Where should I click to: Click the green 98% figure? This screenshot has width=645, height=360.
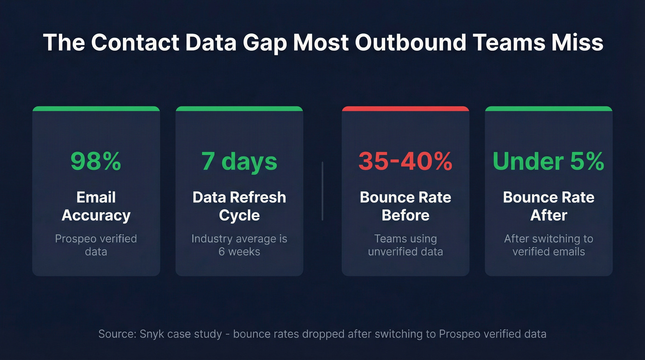(x=96, y=161)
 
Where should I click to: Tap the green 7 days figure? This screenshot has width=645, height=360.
(x=239, y=161)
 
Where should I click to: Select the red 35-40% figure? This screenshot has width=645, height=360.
(x=405, y=161)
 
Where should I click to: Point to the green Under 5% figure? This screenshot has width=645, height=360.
(x=548, y=161)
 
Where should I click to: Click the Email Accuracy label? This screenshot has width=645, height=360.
(x=96, y=206)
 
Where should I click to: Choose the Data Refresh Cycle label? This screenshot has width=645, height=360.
(x=239, y=206)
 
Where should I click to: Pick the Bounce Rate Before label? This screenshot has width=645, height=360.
(x=405, y=206)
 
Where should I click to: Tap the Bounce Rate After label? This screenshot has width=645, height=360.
(x=548, y=206)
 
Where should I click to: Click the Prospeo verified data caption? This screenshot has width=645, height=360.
(x=96, y=245)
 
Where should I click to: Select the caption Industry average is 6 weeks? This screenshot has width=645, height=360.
(x=239, y=245)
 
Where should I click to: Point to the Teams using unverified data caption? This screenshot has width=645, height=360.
(x=405, y=245)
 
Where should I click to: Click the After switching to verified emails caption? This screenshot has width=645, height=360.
(x=548, y=245)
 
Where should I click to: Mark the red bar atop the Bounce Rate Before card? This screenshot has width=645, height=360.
(x=405, y=109)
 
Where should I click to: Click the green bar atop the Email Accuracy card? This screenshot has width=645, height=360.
(x=96, y=109)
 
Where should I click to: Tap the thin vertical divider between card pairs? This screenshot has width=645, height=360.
(x=322, y=191)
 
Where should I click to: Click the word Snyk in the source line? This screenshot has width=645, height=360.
(x=152, y=334)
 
